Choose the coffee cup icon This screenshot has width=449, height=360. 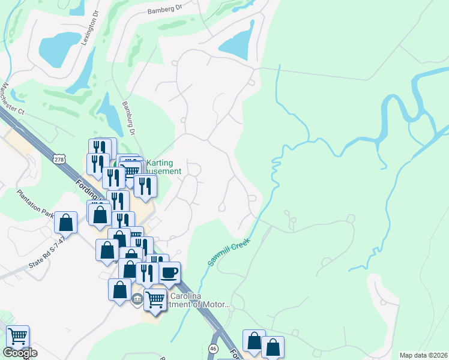coord(169,272)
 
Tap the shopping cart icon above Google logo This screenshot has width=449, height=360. coord(17,337)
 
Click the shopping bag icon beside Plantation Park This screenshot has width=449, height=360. coord(66,222)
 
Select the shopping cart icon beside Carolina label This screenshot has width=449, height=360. coord(155,298)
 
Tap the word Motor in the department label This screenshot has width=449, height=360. coord(214,304)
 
